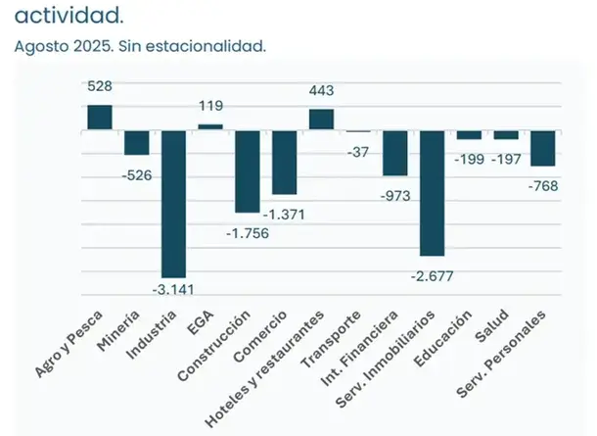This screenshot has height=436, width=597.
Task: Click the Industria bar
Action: click(173, 203)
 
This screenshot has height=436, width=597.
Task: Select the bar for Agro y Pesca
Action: click(100, 118)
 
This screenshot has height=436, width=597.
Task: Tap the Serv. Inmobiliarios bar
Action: click(432, 192)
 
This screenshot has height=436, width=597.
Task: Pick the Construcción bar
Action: click(248, 170)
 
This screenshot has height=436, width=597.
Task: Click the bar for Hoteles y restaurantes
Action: click(321, 120)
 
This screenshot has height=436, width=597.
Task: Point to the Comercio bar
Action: click(285, 162)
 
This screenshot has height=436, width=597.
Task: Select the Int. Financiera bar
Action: click(395, 152)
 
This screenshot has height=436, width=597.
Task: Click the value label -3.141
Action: click(173, 288)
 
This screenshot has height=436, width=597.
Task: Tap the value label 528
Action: click(100, 87)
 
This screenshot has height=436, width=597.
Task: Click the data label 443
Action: click(321, 91)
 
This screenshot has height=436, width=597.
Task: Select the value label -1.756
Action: click(248, 233)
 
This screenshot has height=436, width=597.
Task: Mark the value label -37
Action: click(358, 152)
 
